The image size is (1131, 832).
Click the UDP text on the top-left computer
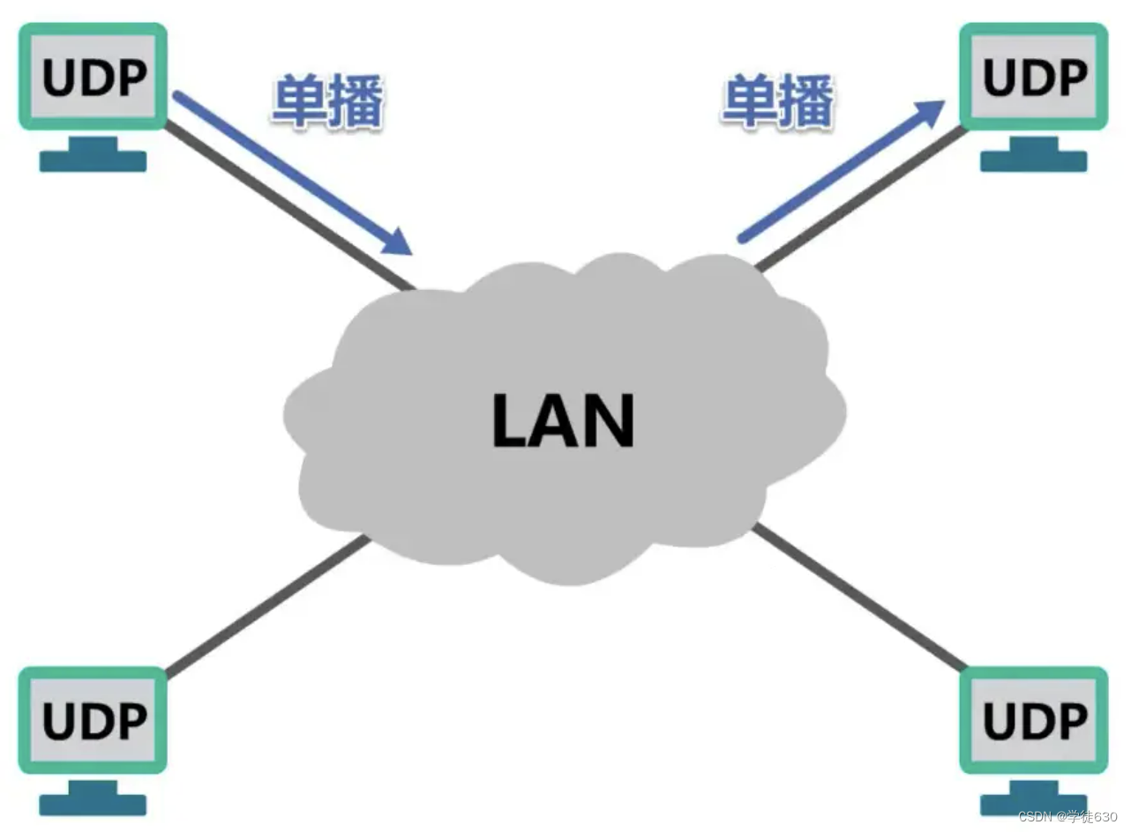pos(94,78)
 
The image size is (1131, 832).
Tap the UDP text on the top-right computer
pos(1034,78)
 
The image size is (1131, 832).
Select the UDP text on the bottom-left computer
pos(94,722)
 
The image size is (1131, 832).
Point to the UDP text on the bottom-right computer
pos(1034,722)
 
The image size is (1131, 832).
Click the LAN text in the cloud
pos(564,421)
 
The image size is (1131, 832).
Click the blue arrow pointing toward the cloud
pos(291,173)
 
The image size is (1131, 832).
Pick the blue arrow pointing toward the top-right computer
pos(838,172)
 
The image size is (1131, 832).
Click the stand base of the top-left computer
pos(93,160)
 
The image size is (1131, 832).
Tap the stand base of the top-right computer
pos(1033,160)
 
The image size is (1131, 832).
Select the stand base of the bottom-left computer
pos(93,804)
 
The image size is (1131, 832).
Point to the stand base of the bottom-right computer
pos(1033,804)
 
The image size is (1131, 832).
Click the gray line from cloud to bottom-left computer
pos(265,608)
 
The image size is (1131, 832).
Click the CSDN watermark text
pos(1067,816)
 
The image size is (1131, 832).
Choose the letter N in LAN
pos(608,421)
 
